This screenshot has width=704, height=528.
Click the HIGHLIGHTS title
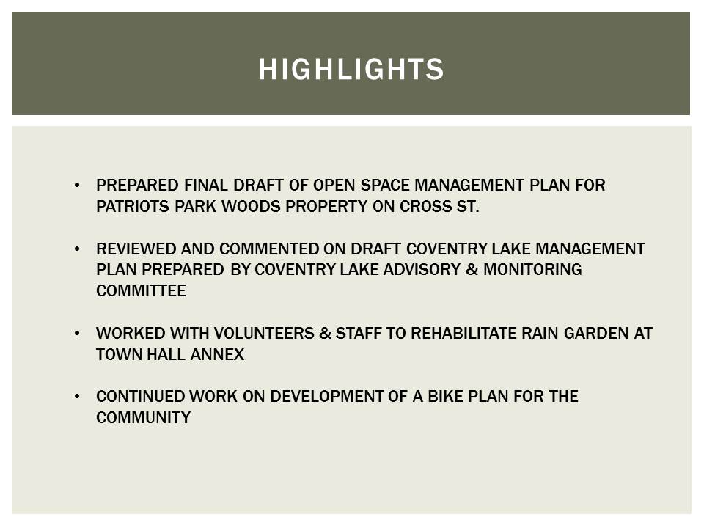point(351,69)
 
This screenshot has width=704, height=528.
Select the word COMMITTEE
point(141,291)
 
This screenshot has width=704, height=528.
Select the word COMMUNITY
point(143,418)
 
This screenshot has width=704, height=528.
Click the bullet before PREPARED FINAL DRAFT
point(78,186)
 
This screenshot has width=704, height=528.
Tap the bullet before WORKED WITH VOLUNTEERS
point(78,334)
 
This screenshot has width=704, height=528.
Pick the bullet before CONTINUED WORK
point(78,397)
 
